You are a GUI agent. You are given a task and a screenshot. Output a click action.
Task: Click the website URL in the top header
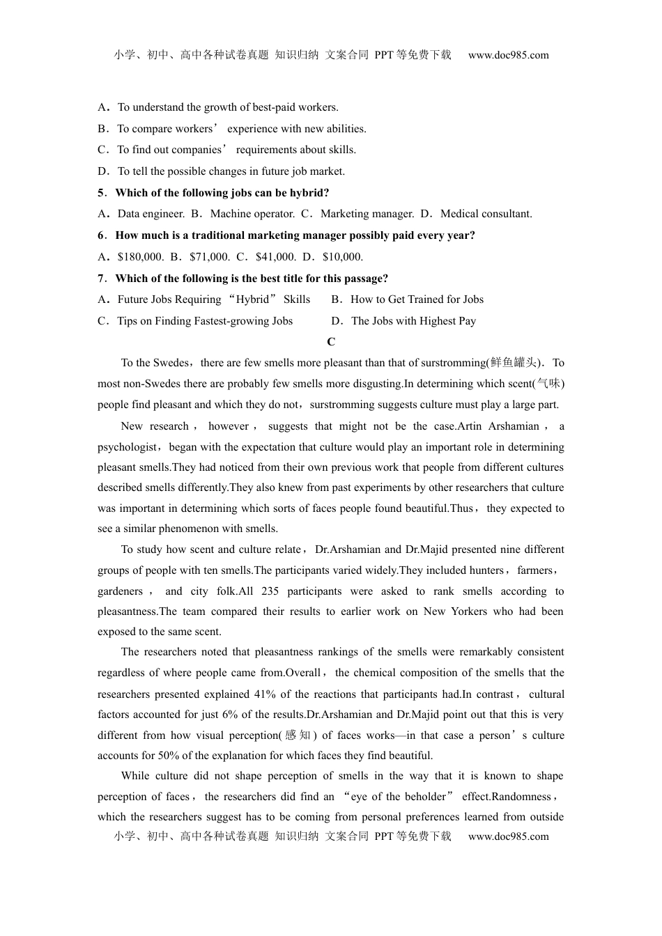click(508, 55)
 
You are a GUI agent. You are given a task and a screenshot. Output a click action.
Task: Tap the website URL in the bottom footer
click(508, 836)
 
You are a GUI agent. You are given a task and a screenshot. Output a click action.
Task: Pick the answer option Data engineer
click(151, 214)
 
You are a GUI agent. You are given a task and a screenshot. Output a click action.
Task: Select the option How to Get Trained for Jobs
click(417, 299)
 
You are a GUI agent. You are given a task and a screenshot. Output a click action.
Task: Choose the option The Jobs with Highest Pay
click(413, 321)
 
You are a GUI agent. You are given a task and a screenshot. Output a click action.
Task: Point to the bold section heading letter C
click(331, 342)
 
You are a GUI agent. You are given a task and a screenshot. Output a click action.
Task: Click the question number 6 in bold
click(101, 235)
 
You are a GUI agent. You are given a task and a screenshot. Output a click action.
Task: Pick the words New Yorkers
click(455, 611)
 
